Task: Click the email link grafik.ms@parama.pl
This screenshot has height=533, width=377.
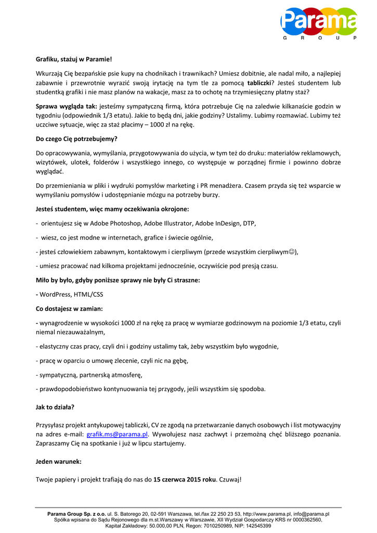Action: coord(117,434)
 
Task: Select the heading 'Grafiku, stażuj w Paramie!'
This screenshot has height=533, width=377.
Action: coord(74,59)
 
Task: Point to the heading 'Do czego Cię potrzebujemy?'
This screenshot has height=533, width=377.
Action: coord(76,139)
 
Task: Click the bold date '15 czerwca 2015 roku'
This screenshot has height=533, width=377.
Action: coord(184,479)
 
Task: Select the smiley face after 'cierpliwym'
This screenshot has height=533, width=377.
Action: coord(293,252)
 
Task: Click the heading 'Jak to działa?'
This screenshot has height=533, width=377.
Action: coord(55,407)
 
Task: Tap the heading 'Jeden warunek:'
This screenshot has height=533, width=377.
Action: coord(58,462)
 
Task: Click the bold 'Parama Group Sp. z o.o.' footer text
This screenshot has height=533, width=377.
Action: coord(76,514)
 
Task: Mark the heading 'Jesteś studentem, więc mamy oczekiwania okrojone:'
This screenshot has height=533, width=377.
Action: coord(112,209)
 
